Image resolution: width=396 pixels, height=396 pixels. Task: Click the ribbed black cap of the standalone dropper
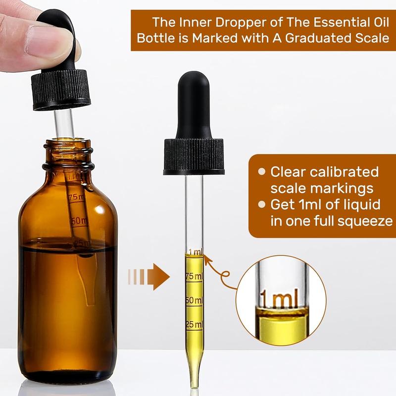coord(194,156)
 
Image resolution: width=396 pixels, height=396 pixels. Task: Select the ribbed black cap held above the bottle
coord(61,90)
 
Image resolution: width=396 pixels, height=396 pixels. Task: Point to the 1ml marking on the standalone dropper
coord(195,252)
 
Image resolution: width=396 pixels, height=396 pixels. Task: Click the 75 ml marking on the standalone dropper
coord(194,276)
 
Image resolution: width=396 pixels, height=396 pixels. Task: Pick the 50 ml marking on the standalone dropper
coord(194,300)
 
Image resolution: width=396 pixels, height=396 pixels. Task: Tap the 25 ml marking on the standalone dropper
coord(194,324)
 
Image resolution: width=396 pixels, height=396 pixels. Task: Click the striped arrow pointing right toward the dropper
coord(149,277)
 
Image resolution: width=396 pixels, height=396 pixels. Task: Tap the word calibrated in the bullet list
coord(344,172)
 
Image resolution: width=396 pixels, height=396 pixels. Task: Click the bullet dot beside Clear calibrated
coord(262,172)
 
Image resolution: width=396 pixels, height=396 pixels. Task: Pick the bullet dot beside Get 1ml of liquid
coord(262,204)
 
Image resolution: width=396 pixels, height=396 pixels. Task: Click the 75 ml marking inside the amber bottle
coord(76,197)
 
